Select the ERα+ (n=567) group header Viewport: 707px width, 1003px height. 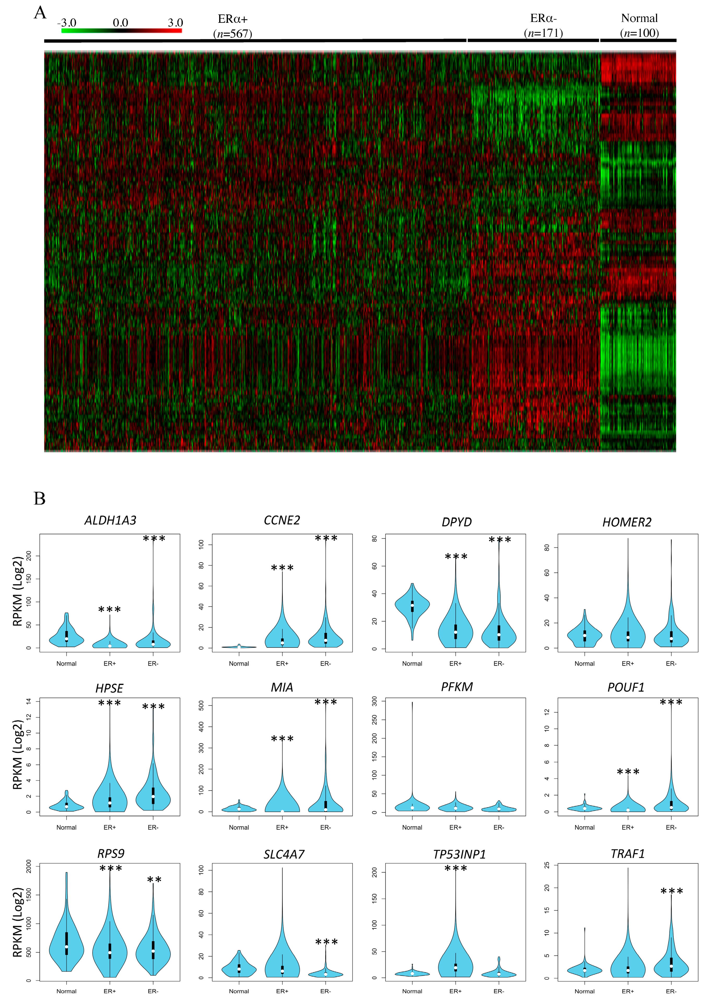coord(233,26)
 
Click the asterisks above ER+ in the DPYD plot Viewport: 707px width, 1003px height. coord(456,557)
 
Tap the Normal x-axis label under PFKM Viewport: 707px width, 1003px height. coord(412,827)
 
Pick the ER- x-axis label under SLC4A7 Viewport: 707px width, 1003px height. coord(325,991)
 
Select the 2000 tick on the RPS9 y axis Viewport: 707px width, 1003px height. coord(29,866)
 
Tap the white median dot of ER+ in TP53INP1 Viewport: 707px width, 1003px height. coord(455,968)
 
